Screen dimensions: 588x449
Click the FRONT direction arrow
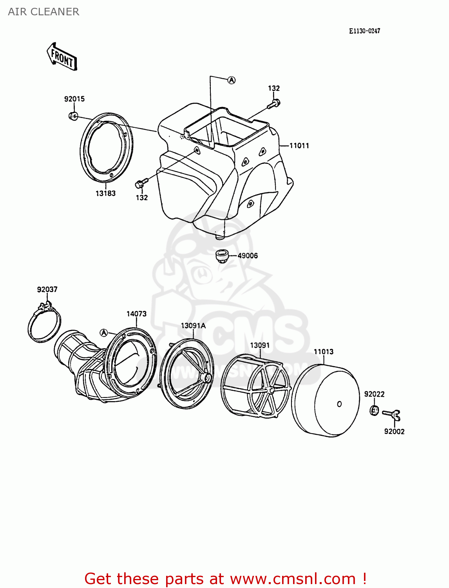62,57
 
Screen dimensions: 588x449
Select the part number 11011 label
299,146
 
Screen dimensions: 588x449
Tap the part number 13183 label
105,193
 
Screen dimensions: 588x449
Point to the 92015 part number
74,99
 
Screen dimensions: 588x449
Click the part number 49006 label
248,256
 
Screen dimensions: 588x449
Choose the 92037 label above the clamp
47,289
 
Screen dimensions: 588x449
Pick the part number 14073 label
136,314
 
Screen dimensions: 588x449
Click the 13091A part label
193,325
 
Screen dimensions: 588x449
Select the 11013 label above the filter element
323,352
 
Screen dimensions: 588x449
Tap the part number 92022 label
374,394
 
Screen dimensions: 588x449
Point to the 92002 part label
394,431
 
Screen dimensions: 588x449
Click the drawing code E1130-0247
364,31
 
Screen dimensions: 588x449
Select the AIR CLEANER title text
43,12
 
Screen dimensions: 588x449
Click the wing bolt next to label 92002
392,414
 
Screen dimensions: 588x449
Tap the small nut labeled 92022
374,411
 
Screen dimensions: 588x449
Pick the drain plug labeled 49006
222,256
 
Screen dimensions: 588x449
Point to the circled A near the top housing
232,80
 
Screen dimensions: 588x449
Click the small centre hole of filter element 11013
339,404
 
